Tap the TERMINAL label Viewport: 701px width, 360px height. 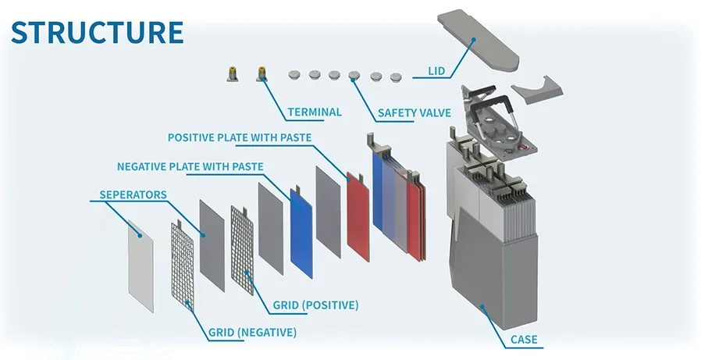(x=314, y=112)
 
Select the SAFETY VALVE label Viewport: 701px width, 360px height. (x=414, y=112)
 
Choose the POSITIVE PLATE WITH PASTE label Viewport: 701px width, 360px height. (x=240, y=137)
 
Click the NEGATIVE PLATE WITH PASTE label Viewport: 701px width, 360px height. (x=190, y=166)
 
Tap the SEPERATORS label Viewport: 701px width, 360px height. (x=133, y=194)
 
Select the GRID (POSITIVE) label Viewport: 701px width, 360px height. (x=315, y=304)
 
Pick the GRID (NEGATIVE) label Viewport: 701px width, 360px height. (x=252, y=332)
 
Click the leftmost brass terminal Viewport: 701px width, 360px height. (x=232, y=74)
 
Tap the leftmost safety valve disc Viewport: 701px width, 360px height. (x=294, y=74)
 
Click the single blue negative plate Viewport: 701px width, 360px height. (x=301, y=231)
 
